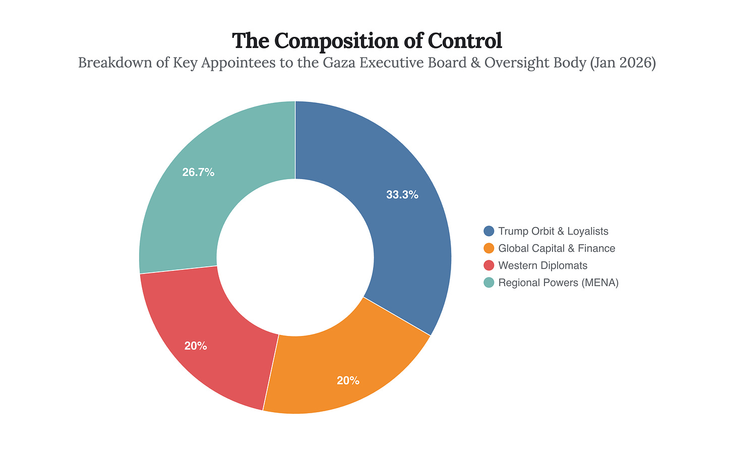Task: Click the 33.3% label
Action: point(402,195)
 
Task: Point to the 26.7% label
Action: point(198,173)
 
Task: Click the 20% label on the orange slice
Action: point(348,381)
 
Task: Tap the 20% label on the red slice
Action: point(196,346)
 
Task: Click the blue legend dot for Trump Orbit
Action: point(488,231)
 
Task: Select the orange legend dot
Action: point(488,248)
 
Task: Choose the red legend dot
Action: point(488,265)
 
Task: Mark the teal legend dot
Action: point(488,283)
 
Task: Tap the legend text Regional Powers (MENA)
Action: point(558,283)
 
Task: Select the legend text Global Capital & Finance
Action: point(557,248)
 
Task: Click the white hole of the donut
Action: point(295,257)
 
